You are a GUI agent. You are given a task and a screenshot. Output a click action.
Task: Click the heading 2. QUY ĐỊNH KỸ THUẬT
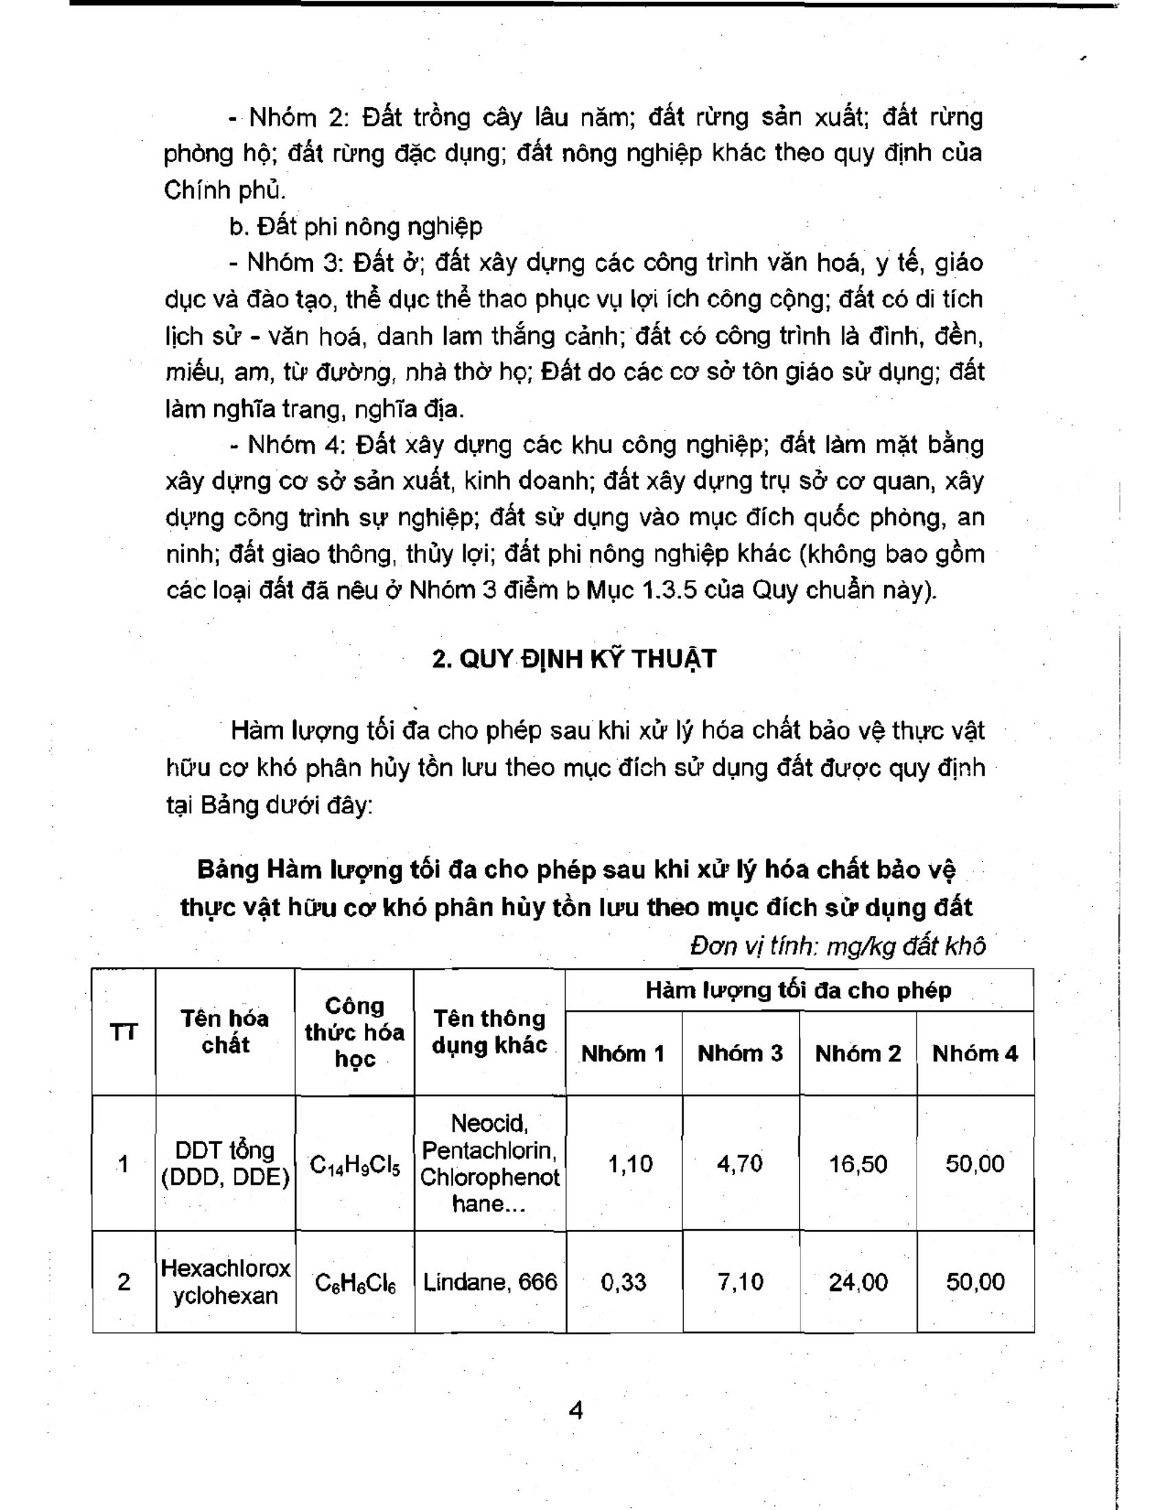(x=574, y=659)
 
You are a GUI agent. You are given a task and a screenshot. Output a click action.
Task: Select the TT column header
(x=124, y=1033)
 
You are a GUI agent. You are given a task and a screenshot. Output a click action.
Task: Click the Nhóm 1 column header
(x=623, y=1054)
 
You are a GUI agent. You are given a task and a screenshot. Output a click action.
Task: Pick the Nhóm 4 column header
(x=975, y=1054)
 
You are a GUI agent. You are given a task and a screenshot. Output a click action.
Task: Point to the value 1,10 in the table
(x=629, y=1164)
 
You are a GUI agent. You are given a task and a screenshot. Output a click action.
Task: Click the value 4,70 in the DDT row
(x=740, y=1164)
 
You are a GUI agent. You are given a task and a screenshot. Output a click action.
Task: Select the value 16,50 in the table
(x=858, y=1164)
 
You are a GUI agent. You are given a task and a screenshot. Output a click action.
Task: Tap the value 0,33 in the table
(x=623, y=1283)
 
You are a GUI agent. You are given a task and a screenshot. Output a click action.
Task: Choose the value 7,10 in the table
(x=740, y=1283)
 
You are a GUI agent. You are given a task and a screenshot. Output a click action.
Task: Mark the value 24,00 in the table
(x=858, y=1283)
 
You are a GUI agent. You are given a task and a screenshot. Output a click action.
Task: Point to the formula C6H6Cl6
(x=355, y=1284)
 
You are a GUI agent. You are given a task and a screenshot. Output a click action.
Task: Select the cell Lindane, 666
(x=489, y=1283)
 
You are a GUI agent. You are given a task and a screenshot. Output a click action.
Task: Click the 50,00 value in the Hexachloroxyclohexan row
(x=975, y=1283)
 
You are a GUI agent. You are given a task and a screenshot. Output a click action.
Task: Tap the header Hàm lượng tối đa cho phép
(x=798, y=990)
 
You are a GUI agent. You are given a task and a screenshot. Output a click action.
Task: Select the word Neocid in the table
(x=489, y=1124)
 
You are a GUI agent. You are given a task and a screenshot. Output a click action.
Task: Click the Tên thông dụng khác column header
(x=489, y=1032)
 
